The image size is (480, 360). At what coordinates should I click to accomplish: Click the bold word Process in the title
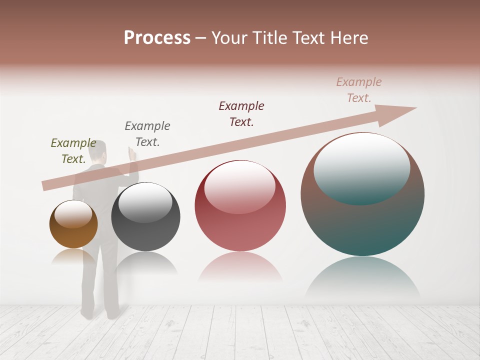[x=157, y=38]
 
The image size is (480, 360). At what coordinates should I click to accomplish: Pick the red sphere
[x=240, y=225]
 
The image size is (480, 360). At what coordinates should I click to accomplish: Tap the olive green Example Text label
[x=73, y=151]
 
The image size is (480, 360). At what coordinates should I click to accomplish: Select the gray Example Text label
[x=147, y=134]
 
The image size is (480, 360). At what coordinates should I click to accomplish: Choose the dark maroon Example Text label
[x=241, y=114]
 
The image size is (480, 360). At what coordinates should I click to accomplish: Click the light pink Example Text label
[x=359, y=90]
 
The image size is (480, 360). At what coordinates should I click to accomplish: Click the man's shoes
[x=100, y=314]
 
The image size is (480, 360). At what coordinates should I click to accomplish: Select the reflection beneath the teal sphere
[x=362, y=277]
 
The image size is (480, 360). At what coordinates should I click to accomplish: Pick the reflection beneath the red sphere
[x=240, y=267]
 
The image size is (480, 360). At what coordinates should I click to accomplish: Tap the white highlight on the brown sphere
[x=73, y=214]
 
